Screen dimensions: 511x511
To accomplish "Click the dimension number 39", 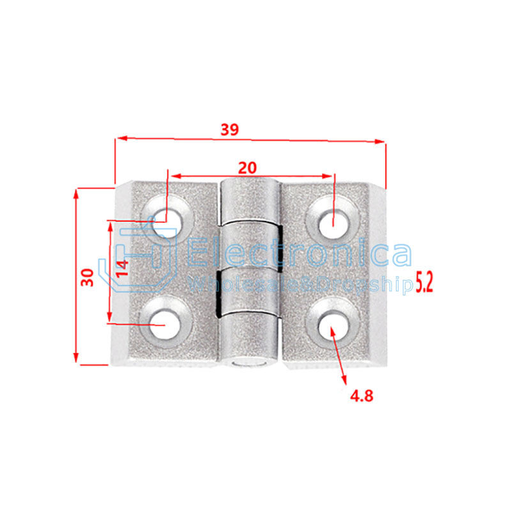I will (x=229, y=130).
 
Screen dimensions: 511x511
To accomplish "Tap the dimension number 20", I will (x=247, y=167).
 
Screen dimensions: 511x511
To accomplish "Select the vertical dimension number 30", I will (x=88, y=276).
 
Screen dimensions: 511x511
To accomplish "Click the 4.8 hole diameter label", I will (x=361, y=395).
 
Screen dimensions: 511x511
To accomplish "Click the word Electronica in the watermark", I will (x=300, y=252).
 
